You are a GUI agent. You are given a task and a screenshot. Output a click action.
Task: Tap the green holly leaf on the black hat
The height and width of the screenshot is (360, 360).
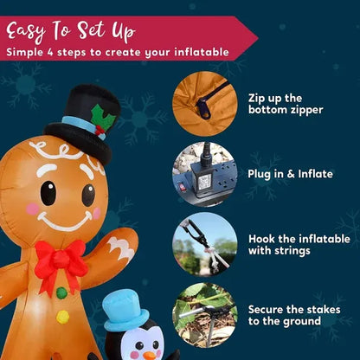pos(102,116)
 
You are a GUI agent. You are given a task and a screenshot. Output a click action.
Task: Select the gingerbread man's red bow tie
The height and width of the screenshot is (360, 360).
pos(61,262)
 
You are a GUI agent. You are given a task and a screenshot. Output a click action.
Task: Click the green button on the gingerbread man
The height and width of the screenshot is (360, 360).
pos(61,293)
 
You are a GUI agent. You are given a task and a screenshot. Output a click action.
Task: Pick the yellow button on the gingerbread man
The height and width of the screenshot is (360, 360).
pos(62,317)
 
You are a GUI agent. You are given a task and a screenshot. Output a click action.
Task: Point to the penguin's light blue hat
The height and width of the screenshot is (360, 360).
pos(125,311)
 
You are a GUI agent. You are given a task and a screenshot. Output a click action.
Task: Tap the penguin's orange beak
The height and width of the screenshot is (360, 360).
pos(150,356)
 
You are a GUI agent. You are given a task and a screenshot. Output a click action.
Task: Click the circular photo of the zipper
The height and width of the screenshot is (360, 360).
pos(205,104)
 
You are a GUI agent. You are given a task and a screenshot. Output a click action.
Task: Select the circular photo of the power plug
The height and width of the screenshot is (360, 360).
pos(205,174)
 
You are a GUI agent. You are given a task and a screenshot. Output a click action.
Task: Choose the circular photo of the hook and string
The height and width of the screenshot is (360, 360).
pos(205,245)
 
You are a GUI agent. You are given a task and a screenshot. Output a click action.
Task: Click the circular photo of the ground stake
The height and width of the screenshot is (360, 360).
pos(205,315)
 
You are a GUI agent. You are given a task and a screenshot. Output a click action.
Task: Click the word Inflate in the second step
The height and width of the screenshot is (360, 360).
pos(315,174)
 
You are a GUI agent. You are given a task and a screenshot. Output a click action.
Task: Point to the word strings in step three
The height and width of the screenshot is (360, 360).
pos(292,251)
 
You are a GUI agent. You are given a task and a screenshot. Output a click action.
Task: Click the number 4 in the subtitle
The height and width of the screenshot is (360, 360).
pos(50,53)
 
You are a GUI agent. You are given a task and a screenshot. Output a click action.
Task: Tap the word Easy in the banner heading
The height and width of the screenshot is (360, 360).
pos(26,32)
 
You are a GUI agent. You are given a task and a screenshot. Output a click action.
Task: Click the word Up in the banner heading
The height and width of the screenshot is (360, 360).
pos(124,31)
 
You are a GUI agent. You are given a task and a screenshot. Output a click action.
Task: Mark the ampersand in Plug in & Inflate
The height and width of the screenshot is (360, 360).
pos(291,174)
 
